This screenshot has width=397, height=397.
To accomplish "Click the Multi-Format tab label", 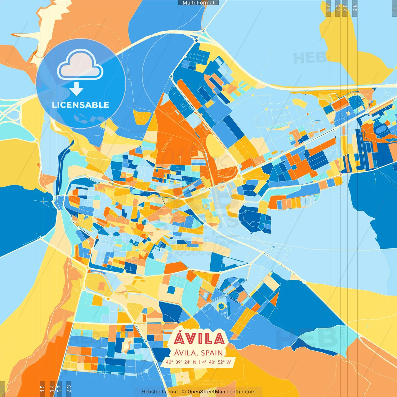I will tap(198, 3).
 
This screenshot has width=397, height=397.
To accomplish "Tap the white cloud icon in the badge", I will tap(80, 65).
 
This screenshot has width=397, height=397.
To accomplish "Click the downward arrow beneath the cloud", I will tap(76, 89).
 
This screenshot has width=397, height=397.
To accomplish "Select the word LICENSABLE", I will tap(81, 105).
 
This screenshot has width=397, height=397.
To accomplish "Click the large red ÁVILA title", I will tap(199, 339).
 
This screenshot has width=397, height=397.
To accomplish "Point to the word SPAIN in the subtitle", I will tap(212, 353).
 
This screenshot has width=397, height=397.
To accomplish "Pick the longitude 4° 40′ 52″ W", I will tap(216, 362).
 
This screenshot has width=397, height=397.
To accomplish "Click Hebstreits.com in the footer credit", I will tap(159, 392).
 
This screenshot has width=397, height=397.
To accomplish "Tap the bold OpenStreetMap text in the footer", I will tap(206, 392).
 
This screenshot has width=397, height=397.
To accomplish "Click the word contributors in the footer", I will tap(241, 392).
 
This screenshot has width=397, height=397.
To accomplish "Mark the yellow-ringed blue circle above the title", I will tap(221, 306).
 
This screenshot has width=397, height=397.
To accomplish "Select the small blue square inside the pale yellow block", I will tap(171, 290).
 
